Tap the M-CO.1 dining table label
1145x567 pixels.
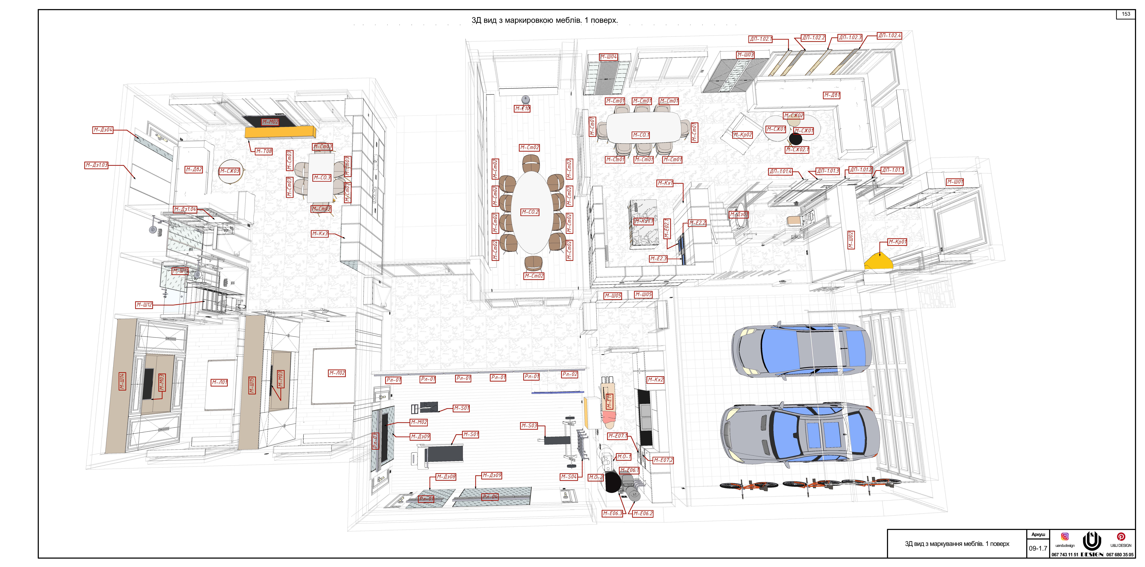(641, 135)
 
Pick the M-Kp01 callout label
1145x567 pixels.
(897, 242)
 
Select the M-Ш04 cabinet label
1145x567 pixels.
(609, 57)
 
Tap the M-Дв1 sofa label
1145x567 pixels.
(832, 95)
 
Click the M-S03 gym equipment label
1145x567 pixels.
(529, 426)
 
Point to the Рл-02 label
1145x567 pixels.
(569, 374)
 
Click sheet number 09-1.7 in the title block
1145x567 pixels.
(1038, 548)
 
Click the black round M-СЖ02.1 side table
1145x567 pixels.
(795, 139)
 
